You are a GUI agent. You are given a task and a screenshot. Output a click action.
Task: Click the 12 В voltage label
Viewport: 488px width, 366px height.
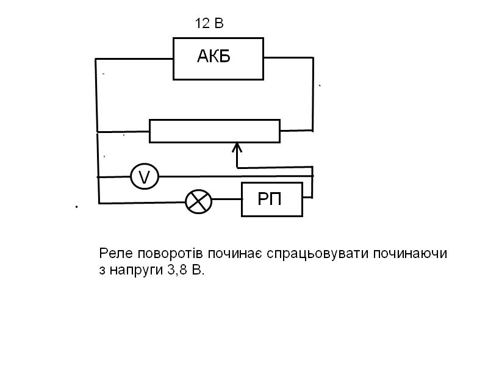click(209, 24)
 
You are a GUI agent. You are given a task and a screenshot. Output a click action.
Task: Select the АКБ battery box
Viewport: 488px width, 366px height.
click(218, 58)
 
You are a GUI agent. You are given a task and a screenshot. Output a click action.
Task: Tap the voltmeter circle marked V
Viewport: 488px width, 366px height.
click(145, 177)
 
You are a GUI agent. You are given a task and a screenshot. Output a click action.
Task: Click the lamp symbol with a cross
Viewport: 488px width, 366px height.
click(198, 200)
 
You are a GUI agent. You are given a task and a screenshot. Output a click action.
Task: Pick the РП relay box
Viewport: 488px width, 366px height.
click(272, 199)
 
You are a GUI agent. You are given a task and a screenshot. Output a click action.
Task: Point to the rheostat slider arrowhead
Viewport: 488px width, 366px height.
click(238, 148)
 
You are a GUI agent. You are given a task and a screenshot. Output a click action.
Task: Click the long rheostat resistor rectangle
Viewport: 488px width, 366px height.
click(214, 131)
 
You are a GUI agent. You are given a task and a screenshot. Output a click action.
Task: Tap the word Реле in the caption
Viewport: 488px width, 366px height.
click(113, 253)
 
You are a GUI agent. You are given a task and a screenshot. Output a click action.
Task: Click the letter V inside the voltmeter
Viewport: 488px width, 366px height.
click(145, 177)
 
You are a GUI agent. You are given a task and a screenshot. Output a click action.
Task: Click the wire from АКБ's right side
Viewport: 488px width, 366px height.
click(289, 59)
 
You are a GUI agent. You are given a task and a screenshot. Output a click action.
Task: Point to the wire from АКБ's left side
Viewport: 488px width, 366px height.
click(134, 59)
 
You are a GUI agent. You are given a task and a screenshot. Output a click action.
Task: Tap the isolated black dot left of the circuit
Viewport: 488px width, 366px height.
click(77, 207)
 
